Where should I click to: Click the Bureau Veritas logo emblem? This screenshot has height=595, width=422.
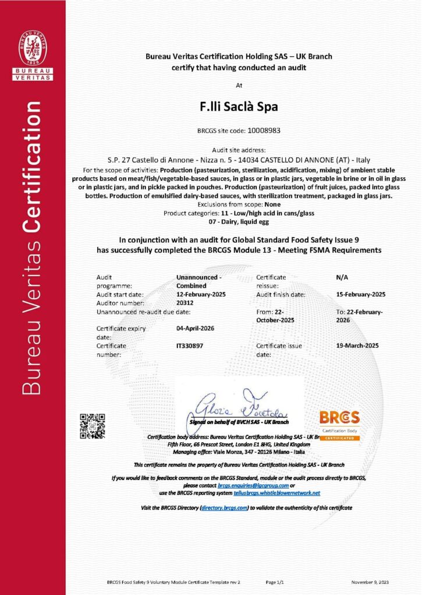(33, 48)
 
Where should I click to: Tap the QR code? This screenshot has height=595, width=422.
(92, 425)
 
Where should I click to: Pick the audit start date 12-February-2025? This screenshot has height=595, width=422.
(201, 295)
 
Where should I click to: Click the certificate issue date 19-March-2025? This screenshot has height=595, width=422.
(357, 345)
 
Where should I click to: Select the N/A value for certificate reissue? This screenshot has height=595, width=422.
(342, 278)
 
